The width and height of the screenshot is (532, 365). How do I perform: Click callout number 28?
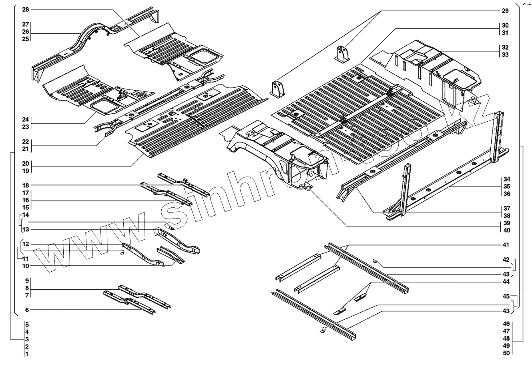click(26, 9)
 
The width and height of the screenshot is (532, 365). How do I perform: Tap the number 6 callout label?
click(27, 309)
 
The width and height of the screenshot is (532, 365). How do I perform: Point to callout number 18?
click(26, 185)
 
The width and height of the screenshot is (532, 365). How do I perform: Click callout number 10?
click(26, 265)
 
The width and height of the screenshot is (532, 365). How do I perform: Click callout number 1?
click(27, 354)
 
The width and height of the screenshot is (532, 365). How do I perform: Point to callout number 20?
click(26, 163)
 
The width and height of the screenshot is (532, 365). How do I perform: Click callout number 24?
click(26, 119)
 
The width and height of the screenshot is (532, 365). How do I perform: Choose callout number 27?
click(26, 24)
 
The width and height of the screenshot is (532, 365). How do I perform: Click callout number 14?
click(26, 215)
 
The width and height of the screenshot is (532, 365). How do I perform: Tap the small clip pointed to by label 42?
click(375, 261)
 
